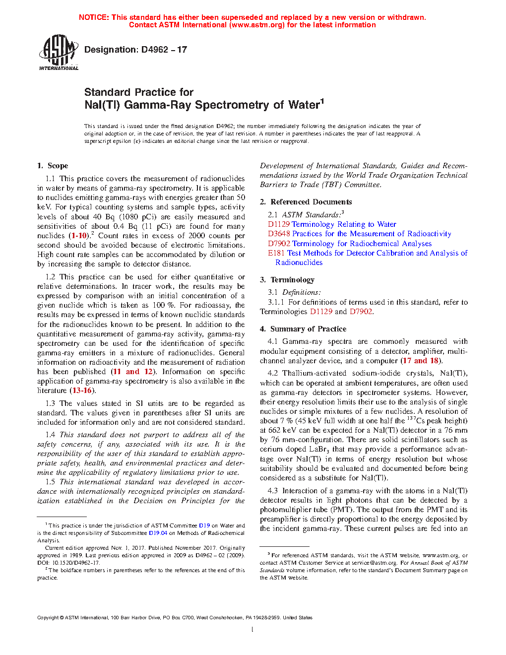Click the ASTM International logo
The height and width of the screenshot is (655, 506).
click(x=59, y=52)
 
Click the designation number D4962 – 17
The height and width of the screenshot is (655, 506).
click(x=135, y=50)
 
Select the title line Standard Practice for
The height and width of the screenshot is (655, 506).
click(x=139, y=92)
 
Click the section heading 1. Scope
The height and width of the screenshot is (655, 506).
click(x=53, y=166)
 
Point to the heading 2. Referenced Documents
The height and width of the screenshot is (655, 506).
click(x=306, y=202)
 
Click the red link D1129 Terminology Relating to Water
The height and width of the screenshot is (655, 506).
click(x=332, y=224)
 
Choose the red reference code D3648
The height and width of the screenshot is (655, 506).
click(x=279, y=234)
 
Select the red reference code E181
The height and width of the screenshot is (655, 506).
click(x=276, y=253)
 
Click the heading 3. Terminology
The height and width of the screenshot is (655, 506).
click(x=287, y=280)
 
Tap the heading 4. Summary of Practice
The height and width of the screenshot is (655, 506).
click(x=303, y=329)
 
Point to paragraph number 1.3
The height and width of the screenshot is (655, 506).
click(x=50, y=403)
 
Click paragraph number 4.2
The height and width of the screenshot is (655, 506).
click(x=272, y=373)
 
